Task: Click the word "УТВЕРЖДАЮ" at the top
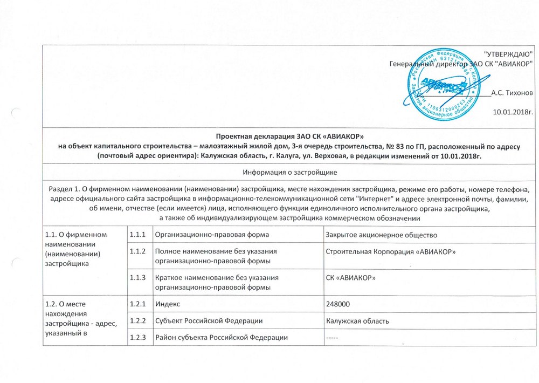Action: click(x=509, y=54)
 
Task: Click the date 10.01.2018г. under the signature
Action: click(x=513, y=112)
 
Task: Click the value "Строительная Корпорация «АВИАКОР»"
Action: click(x=392, y=252)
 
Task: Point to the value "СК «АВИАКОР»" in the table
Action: click(x=351, y=277)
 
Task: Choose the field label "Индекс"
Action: click(x=168, y=304)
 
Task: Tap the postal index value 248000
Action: click(x=340, y=304)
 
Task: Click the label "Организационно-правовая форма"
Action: click(x=212, y=234)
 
